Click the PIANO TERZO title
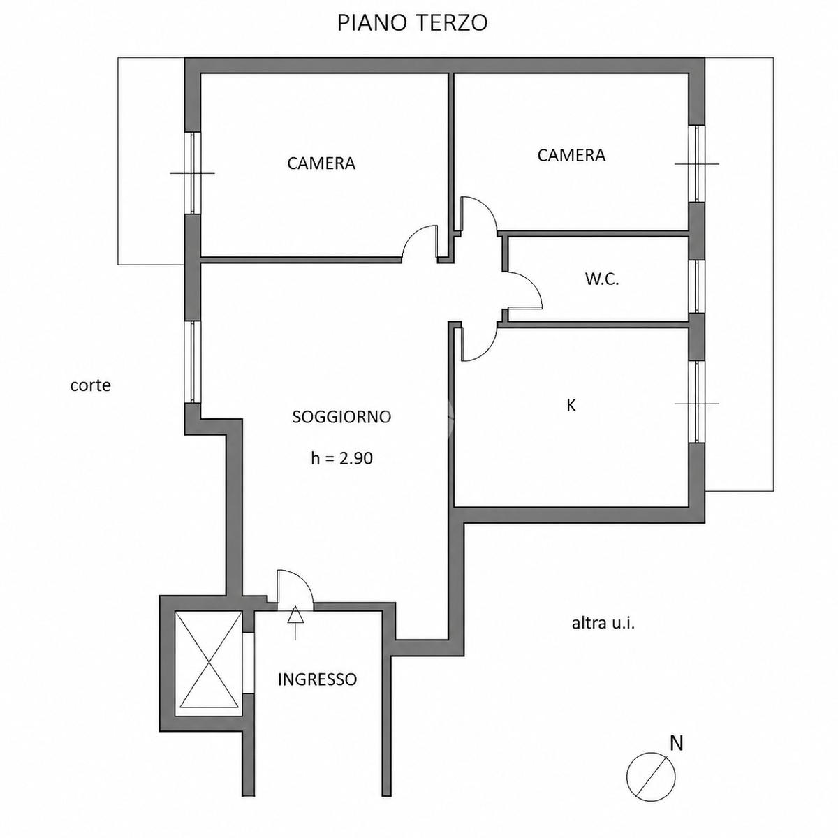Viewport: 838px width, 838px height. pos(412,22)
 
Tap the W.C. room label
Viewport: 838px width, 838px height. pos(602,279)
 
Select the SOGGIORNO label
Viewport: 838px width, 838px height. pos(341,417)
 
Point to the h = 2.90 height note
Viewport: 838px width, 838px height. pos(341,458)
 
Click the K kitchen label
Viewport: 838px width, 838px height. pos(571,405)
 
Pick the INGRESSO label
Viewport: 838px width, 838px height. pos(317,679)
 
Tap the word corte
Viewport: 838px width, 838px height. pos(91,385)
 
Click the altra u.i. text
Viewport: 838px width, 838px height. pos(603,623)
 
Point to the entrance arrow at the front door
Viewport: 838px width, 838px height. pos(295,623)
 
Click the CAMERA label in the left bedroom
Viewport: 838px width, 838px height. pos(321,163)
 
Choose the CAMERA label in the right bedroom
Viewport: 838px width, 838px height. pos(571,155)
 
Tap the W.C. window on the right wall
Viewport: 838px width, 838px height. pos(697,286)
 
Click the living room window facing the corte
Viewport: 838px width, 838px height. pos(192,362)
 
